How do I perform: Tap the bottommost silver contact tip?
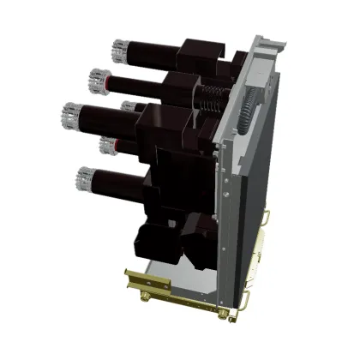[x=85, y=178]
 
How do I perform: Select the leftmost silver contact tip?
[x=72, y=113]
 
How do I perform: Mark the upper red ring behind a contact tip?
[x=104, y=83]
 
